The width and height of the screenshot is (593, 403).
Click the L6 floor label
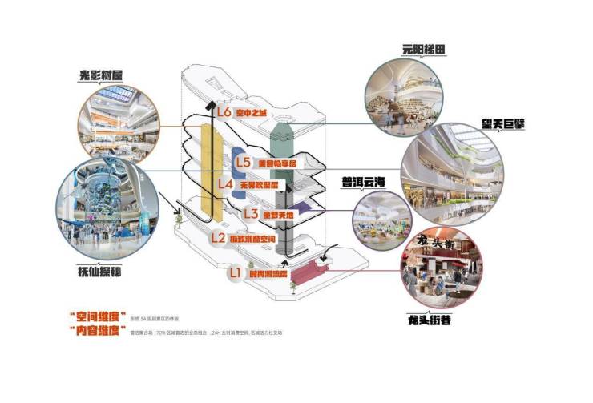tap(224, 112)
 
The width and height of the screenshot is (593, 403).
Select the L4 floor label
tap(226, 184)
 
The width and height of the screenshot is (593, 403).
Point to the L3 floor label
tap(249, 213)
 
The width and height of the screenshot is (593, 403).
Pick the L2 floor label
tap(218, 237)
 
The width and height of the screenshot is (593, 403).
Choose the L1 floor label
tap(235, 272)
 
